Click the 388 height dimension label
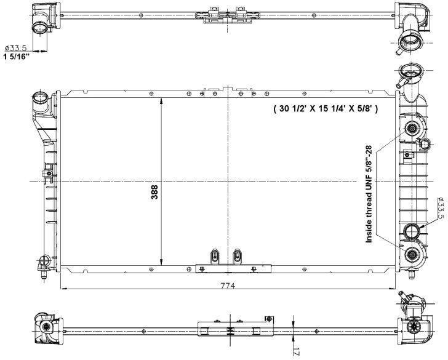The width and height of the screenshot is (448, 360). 154,192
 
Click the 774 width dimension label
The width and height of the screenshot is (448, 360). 228,286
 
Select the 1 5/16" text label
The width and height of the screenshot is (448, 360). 16,56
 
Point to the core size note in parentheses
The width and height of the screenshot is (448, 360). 326,108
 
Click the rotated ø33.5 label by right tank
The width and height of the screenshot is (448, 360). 440,208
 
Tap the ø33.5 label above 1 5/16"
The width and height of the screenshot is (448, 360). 16,48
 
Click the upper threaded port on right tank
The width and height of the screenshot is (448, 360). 412,129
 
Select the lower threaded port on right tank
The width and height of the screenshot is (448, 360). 412,254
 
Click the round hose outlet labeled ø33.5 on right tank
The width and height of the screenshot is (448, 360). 412,231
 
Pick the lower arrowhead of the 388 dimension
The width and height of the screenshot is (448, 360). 161,262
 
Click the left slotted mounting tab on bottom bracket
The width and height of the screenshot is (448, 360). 214,256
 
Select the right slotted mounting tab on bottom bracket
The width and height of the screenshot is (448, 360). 237,256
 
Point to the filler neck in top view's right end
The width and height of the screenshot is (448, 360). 409,41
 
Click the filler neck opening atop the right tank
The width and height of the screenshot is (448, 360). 409,70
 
